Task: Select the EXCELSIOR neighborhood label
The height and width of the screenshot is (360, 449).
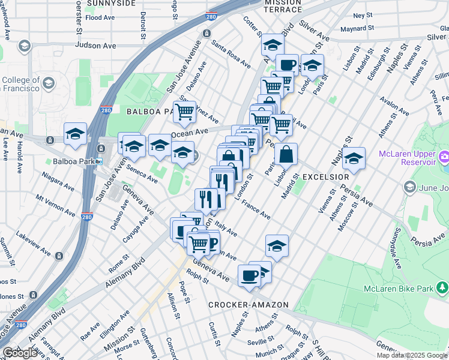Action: (x=325, y=178)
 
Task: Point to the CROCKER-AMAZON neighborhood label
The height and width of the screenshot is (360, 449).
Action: (x=249, y=305)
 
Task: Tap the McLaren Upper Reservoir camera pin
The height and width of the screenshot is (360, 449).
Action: (x=444, y=158)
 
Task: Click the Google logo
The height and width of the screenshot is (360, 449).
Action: (x=20, y=353)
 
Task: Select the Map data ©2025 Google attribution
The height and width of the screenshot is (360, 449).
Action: (x=412, y=355)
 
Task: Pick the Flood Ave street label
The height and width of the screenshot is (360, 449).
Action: (x=100, y=18)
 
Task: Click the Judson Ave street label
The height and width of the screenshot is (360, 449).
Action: (x=95, y=45)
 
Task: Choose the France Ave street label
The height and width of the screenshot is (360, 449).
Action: (x=256, y=209)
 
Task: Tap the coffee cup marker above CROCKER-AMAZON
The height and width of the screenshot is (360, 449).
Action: (x=250, y=275)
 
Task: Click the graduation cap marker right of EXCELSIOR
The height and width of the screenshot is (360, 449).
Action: (x=354, y=158)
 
